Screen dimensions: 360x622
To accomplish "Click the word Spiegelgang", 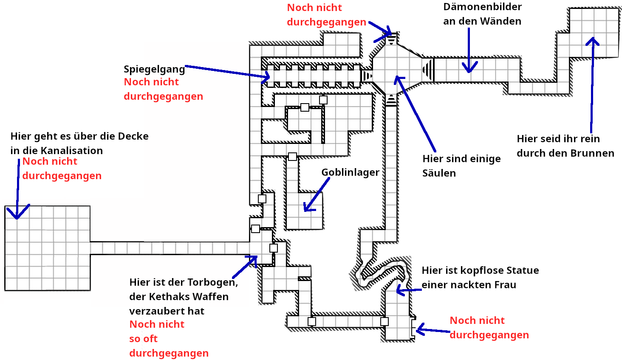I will coord(154,69).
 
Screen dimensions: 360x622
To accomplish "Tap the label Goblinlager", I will coord(350,172).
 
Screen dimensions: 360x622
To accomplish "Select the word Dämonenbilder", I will coord(482,7).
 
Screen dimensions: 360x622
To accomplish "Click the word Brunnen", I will coord(593,153).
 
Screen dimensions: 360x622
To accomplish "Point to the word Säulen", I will coord(439,173).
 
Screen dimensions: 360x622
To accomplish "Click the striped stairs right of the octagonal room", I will coord(428,69).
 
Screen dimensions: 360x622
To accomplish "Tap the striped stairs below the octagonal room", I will coord(391,100).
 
